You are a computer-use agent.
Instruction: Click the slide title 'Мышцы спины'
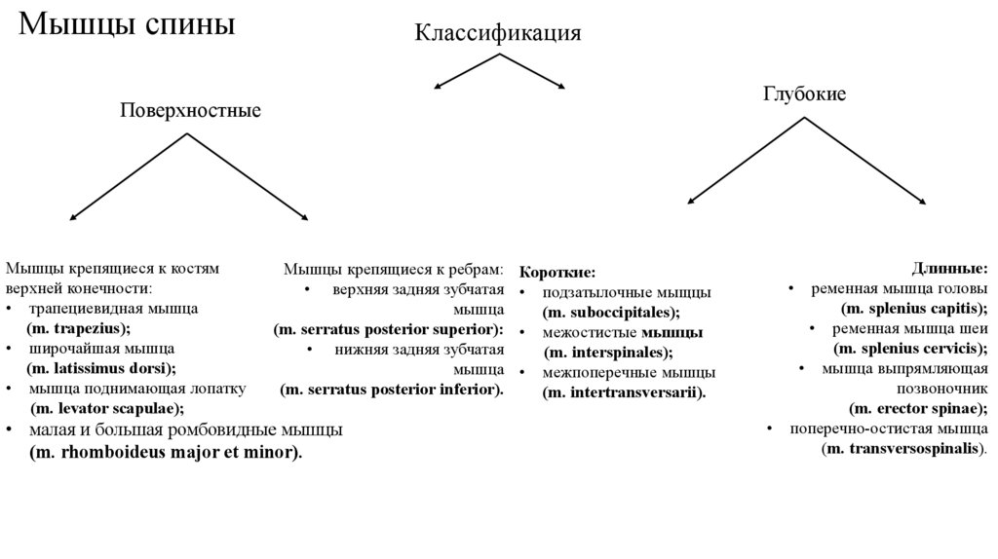(x=128, y=24)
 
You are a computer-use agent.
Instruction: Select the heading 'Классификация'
(x=499, y=32)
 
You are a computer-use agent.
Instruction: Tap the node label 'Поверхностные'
(x=190, y=110)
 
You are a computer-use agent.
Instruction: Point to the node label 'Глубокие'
(x=804, y=93)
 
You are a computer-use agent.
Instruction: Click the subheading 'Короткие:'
(x=557, y=273)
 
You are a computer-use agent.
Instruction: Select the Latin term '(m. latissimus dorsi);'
(x=101, y=367)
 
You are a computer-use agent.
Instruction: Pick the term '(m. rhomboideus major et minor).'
(x=167, y=452)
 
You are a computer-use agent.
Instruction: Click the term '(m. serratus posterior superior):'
(x=389, y=329)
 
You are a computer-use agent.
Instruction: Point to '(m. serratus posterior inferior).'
(x=392, y=390)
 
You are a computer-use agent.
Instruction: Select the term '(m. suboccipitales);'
(x=611, y=312)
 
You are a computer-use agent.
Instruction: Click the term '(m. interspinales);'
(x=608, y=352)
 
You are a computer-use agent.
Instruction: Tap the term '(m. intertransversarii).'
(x=624, y=391)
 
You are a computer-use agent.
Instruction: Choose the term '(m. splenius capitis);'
(x=914, y=308)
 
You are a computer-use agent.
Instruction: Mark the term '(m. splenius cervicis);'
(x=911, y=348)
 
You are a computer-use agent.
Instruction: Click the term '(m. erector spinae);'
(x=919, y=408)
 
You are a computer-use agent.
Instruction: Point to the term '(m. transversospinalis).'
(x=905, y=448)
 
